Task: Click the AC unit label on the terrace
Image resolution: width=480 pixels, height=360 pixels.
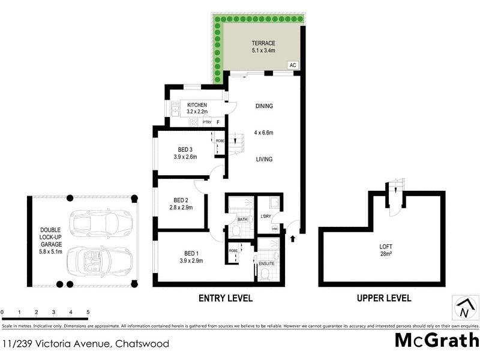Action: coord(293,65)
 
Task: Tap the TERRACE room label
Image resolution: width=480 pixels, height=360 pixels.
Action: coord(263,43)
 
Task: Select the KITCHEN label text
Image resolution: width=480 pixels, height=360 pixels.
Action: coord(197,105)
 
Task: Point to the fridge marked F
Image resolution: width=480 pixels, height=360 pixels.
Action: coord(218,122)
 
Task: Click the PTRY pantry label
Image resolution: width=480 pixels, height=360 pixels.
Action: coord(206,122)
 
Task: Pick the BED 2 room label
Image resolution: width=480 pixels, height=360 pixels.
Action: coord(182,200)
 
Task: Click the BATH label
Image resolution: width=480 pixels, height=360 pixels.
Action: coord(242,220)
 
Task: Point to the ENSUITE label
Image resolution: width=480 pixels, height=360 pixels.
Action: coord(267,263)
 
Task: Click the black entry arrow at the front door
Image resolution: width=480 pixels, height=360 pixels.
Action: coord(293,239)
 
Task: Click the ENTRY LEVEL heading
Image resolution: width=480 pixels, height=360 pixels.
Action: coord(225,298)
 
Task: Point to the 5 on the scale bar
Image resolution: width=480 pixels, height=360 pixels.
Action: coord(88,313)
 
